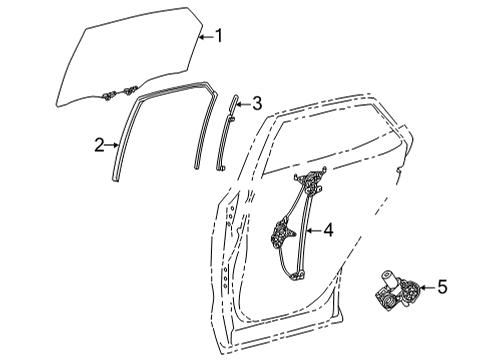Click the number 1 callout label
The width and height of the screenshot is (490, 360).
(219, 37)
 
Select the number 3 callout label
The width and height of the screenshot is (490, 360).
(257, 102)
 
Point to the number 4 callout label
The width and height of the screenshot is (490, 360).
(327, 231)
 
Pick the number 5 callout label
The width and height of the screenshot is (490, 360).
(442, 287)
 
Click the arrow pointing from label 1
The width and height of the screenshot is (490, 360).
(204, 37)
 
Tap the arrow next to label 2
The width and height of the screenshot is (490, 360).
(113, 146)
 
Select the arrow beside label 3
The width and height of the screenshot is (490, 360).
(243, 102)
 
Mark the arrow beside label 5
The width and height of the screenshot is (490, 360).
(427, 287)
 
